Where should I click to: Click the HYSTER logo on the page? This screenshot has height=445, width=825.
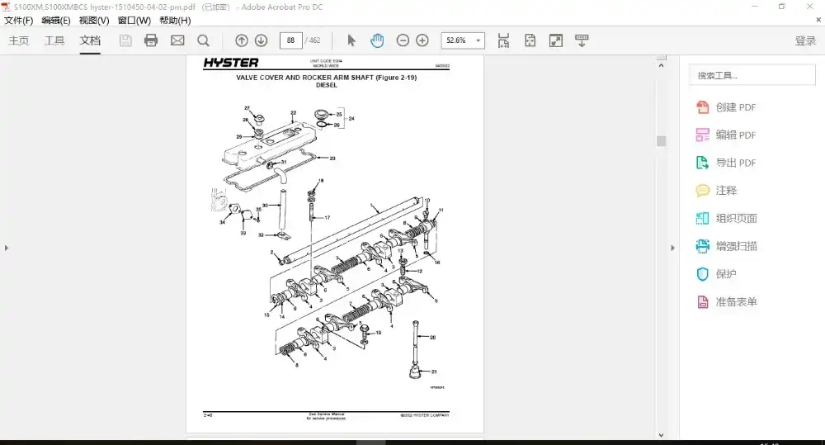(232, 63)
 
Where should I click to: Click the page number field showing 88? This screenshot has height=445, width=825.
(290, 40)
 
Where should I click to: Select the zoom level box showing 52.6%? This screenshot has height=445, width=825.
(463, 40)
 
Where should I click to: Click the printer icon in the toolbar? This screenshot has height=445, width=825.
(151, 40)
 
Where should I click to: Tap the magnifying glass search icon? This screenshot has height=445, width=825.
(203, 40)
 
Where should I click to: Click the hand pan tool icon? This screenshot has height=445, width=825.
(377, 40)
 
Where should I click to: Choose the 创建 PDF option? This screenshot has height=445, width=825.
(726, 107)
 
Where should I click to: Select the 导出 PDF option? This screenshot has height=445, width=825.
(726, 163)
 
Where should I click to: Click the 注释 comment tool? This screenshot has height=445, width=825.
(716, 191)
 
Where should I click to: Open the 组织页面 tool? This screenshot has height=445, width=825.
(726, 219)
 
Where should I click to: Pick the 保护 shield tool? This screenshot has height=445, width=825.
(716, 274)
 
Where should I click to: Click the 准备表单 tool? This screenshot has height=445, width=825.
(726, 302)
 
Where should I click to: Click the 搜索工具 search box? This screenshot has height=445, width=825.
(752, 75)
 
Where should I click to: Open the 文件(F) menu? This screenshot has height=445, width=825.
(19, 21)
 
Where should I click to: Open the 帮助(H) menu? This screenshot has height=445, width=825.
(175, 21)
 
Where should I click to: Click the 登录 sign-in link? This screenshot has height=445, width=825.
(805, 40)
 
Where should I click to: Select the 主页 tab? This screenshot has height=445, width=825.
(19, 40)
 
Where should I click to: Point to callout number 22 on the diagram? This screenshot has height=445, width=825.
(293, 113)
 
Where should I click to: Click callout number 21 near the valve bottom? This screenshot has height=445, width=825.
(434, 372)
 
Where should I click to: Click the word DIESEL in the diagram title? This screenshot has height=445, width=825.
(326, 85)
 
